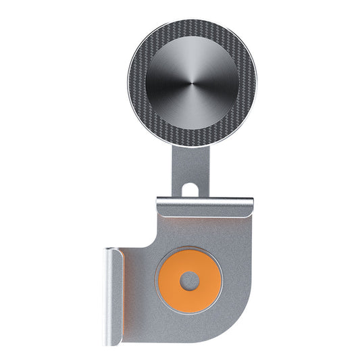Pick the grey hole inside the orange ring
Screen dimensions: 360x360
[190, 280]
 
